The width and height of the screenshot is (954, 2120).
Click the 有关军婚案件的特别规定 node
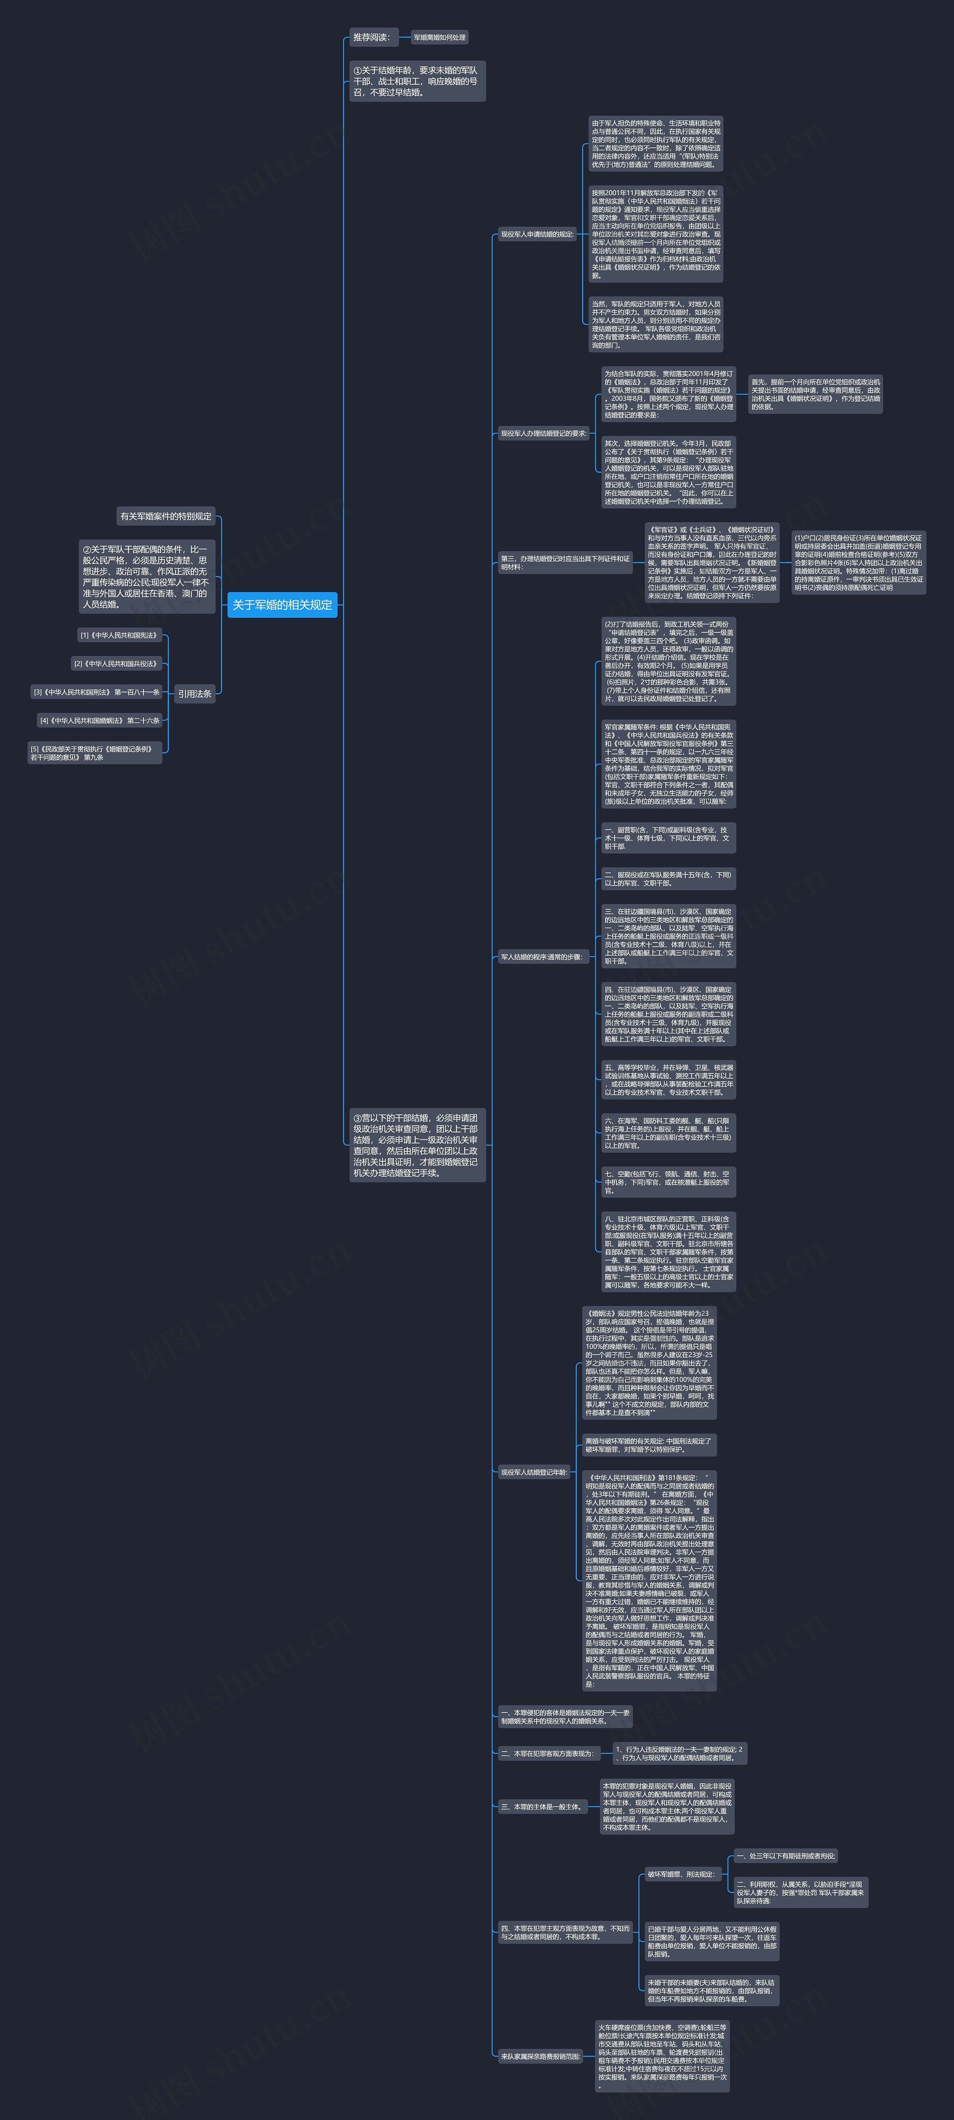166,516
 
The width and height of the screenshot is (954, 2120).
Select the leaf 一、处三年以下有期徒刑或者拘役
786,1856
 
